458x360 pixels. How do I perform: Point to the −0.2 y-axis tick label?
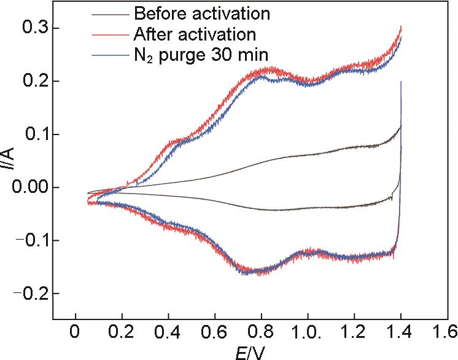[28, 294]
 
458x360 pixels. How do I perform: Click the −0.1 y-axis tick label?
[28, 240]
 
